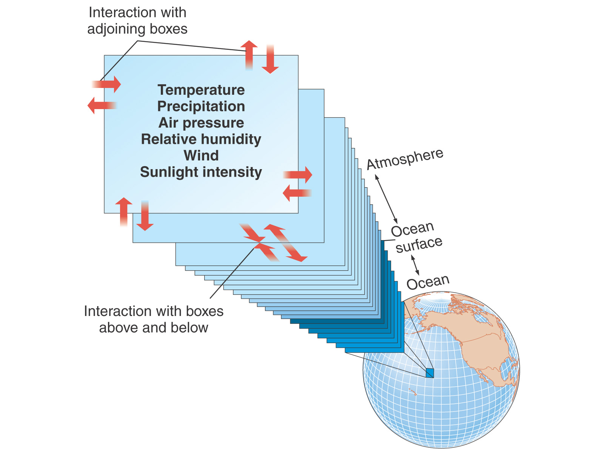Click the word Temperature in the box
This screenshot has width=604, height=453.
(201, 90)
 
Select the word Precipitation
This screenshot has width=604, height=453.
(201, 106)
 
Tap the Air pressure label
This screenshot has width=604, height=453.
(201, 123)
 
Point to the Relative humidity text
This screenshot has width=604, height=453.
(201, 139)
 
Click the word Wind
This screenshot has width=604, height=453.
(201, 156)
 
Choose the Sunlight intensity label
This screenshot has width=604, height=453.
(201, 172)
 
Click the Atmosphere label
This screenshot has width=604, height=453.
(405, 159)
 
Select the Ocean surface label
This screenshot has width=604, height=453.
(416, 237)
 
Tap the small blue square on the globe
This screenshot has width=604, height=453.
(430, 373)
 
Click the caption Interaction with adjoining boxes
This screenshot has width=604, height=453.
(137, 21)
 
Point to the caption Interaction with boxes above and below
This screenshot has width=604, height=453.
(154, 319)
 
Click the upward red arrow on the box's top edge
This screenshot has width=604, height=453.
(249, 55)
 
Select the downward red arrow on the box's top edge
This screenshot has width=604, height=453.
(270, 59)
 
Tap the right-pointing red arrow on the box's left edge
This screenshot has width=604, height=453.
(106, 84)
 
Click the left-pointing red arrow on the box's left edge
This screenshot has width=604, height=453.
(102, 105)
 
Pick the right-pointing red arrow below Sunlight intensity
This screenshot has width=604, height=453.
(298, 175)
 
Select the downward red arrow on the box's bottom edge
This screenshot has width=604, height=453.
(145, 216)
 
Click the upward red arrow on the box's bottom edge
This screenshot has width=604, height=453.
(123, 212)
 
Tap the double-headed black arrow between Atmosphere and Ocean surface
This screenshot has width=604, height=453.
(386, 199)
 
